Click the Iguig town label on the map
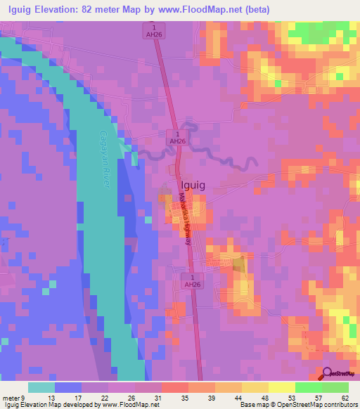(x=193, y=186)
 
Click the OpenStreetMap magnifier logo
(x=327, y=373)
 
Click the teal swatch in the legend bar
(x=41, y=388)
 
